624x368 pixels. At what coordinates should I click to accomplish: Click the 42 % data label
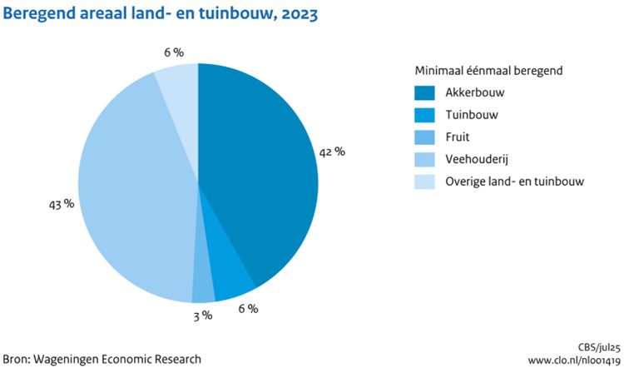332,152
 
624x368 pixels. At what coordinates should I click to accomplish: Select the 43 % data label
62,203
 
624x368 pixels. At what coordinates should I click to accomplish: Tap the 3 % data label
201,316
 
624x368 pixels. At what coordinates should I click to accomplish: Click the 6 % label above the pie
174,52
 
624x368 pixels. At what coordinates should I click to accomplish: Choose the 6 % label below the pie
247,309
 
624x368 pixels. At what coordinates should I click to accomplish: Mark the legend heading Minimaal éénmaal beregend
489,71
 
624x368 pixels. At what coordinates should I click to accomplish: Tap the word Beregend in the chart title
37,14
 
